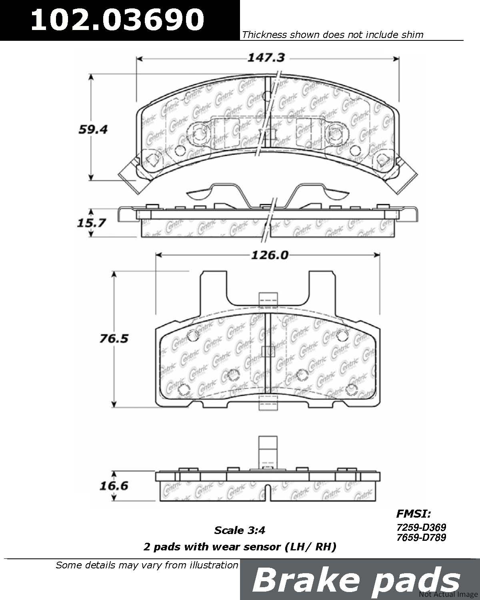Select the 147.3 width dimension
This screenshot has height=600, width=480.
266,58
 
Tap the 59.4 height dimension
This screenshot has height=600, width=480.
93,130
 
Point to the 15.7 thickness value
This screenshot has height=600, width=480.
91,223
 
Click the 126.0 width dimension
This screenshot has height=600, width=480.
270,255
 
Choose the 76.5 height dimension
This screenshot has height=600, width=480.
114,338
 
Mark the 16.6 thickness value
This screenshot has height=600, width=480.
114,486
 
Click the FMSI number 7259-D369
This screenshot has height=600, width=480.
421,527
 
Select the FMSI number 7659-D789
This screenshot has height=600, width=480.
421,537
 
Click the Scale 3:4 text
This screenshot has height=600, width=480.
240,530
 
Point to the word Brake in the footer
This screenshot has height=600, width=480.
306,581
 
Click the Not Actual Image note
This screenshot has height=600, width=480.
448,594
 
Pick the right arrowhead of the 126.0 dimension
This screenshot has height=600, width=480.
376,255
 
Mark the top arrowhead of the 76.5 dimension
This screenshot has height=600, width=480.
114,275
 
